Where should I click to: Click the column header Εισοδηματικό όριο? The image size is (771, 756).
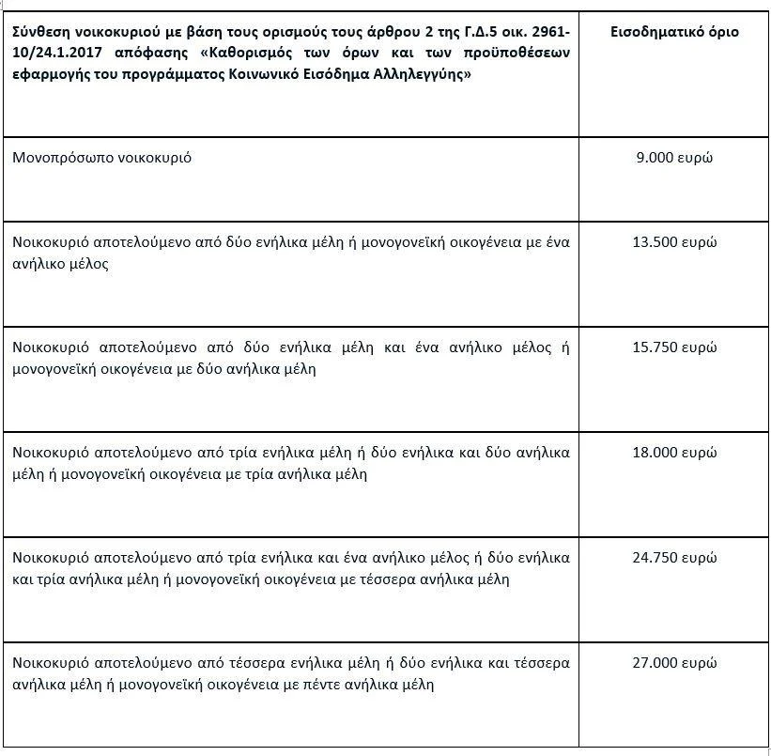coord(674,32)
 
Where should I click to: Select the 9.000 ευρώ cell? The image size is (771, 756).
coord(674,158)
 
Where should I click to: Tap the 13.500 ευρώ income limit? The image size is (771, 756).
coord(674,241)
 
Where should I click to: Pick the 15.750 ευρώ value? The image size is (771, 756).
coord(674,347)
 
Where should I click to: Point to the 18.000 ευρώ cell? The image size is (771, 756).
coord(674,453)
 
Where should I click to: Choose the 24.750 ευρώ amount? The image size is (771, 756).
coord(674,558)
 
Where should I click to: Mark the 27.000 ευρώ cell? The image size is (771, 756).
coord(674,663)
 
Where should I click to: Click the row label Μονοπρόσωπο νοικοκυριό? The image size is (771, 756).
coord(102,158)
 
